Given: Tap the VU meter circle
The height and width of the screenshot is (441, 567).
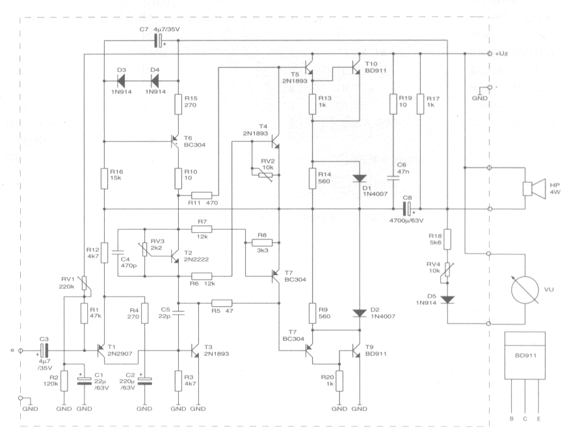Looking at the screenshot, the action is pyautogui.click(x=524, y=289).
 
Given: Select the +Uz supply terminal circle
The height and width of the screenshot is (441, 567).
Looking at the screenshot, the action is pyautogui.click(x=490, y=53).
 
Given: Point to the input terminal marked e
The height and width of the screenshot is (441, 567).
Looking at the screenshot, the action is pyautogui.click(x=21, y=351).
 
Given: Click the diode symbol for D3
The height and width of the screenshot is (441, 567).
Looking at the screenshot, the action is pyautogui.click(x=122, y=80).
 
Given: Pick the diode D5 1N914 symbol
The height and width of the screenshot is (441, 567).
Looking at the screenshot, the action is pyautogui.click(x=447, y=300).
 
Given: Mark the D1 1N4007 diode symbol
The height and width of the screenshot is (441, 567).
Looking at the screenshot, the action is pyautogui.click(x=360, y=178).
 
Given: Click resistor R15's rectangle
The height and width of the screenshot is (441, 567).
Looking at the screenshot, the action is pyautogui.click(x=178, y=105).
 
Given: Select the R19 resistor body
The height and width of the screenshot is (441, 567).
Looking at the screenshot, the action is pyautogui.click(x=393, y=104).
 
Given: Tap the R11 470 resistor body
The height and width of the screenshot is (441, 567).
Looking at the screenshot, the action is pyautogui.click(x=201, y=195).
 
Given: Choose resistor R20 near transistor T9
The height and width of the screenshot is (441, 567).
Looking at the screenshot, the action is pyautogui.click(x=339, y=381).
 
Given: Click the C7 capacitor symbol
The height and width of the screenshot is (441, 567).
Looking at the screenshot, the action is pyautogui.click(x=159, y=40).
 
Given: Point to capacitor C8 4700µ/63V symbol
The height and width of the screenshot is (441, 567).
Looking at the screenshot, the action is pyautogui.click(x=408, y=209).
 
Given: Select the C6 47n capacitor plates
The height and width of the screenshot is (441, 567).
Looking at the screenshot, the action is pyautogui.click(x=393, y=178).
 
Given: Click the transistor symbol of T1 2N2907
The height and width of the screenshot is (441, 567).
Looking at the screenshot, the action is pyautogui.click(x=101, y=350).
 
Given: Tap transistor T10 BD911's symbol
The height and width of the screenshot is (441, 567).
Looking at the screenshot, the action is pyautogui.click(x=356, y=67).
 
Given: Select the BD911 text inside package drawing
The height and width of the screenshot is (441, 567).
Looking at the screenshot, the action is pyautogui.click(x=525, y=356).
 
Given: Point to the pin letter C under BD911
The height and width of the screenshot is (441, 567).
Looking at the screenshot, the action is pyautogui.click(x=525, y=419).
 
